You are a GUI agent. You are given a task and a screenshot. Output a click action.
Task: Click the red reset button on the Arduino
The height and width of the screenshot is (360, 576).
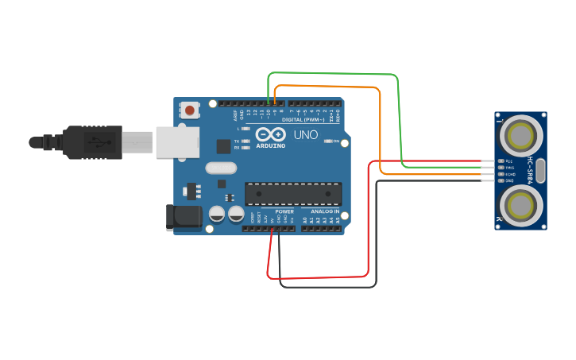tap(190, 110)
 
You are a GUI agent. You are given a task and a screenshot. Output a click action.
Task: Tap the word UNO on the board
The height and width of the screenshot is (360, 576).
tap(306, 134)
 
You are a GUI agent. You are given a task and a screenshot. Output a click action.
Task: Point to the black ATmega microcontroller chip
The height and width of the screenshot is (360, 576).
tap(293, 194)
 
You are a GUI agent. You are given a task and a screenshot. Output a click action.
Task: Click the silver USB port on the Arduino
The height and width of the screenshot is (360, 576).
tap(177, 142)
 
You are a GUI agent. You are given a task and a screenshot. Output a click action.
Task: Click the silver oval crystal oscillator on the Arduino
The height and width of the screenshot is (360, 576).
tap(220, 168)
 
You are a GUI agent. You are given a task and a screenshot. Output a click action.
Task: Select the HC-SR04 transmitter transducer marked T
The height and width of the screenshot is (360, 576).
tap(521, 134)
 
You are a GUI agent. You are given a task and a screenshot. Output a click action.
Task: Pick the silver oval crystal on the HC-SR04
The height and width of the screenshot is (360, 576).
tap(540, 170)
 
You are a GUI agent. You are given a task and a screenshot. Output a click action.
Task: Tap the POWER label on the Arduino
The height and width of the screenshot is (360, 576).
tap(284, 211)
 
